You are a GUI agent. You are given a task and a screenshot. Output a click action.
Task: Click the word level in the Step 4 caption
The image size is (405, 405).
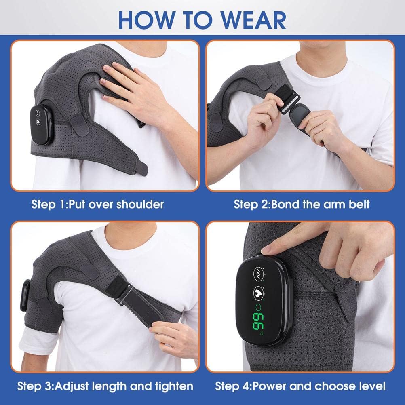[371, 386]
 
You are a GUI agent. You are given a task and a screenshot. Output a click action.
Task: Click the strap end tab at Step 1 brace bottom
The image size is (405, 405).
[142, 168]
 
